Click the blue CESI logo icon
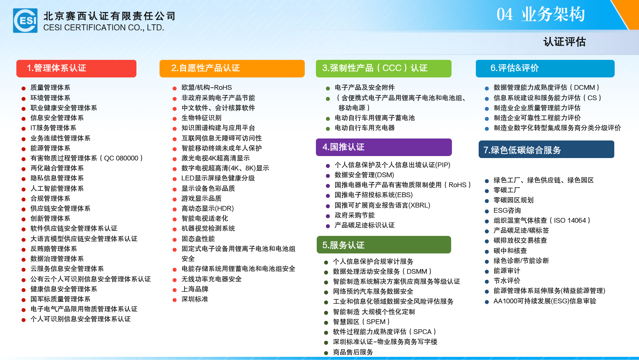[25, 21]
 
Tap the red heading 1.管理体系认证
[57, 68]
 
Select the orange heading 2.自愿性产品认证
[205, 68]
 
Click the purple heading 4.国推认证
[343, 147]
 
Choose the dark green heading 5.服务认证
[343, 245]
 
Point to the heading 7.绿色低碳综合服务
[522, 150]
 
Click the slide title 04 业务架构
[540, 14]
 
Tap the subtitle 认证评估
[564, 42]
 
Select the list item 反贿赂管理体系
[53, 249]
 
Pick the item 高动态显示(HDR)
[208, 208]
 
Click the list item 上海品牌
[195, 289]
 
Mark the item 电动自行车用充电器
[365, 128]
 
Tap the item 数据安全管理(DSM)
[364, 175]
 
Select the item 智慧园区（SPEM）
[361, 322]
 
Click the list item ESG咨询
[507, 210]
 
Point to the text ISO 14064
[570, 220]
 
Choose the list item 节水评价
[507, 281]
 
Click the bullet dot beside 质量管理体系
[24, 89]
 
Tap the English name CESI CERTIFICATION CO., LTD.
[104, 28]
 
